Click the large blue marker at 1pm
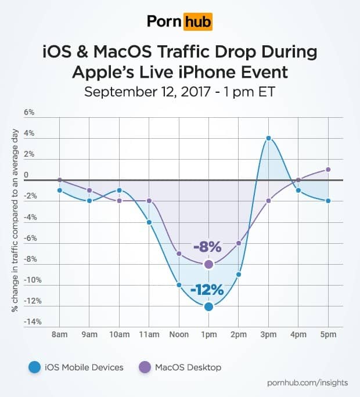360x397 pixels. [x=208, y=306]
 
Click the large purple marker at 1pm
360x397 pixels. [x=208, y=264]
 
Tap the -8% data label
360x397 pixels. [x=207, y=247]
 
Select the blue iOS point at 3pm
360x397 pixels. [x=268, y=138]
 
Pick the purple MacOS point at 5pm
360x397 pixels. [x=328, y=169]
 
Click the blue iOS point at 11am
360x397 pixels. [x=149, y=222]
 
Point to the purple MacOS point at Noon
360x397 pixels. [x=179, y=254]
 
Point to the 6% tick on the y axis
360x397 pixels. [x=29, y=112]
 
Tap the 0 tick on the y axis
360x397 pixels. [x=26, y=175]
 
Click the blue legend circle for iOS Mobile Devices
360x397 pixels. [x=35, y=367]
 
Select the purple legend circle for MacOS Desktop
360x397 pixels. [x=144, y=367]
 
